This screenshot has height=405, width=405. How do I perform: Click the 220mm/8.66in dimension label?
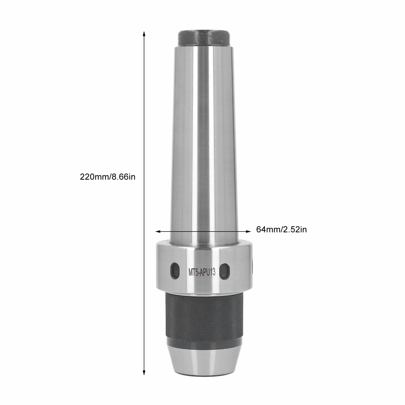108,177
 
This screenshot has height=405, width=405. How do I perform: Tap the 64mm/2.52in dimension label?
281,229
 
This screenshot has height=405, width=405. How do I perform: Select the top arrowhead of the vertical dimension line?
144,34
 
